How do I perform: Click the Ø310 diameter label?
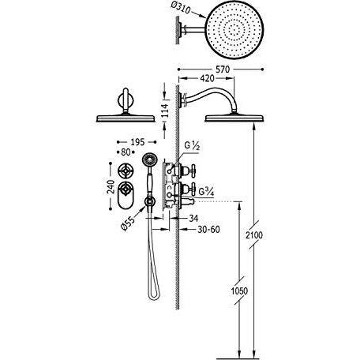point(181,9)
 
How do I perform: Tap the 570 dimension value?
point(223,69)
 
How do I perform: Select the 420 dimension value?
point(207,78)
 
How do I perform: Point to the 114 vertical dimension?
point(164,111)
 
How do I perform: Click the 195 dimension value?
point(137,142)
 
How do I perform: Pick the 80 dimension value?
point(126,152)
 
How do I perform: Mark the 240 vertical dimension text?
point(111,186)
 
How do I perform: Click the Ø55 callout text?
point(128,223)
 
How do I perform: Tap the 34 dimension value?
point(193,218)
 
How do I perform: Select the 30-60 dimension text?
point(208,230)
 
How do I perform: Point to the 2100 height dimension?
point(254,235)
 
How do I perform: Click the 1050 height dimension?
point(239,291)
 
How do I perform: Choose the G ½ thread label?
point(192,145)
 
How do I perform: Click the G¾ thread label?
point(206,192)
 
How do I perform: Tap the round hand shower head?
point(149,160)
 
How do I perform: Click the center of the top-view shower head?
point(234,29)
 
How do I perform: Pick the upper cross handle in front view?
point(126,171)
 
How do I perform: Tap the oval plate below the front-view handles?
point(126,195)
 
